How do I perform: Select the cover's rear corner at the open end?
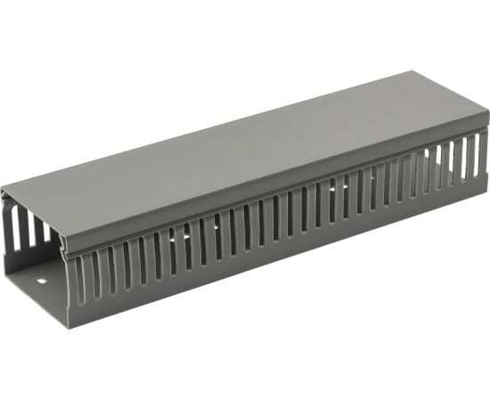(x=3, y=190)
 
